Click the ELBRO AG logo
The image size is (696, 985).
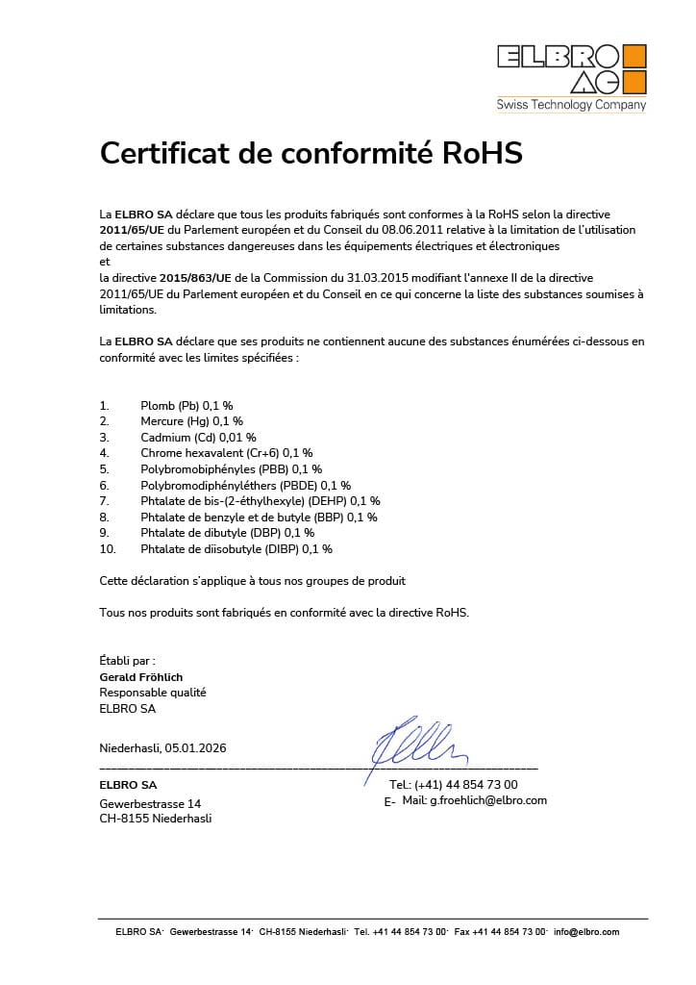coord(571,68)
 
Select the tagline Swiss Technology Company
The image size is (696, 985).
coord(571,105)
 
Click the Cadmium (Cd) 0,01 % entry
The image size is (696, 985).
coord(198,437)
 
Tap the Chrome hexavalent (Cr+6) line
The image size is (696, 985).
coord(226,452)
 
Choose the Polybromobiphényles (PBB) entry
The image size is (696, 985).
coord(231,468)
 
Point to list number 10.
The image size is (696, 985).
coord(108,549)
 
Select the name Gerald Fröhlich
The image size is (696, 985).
coord(141,677)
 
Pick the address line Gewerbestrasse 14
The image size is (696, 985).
coord(150,803)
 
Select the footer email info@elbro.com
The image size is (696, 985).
coord(586,932)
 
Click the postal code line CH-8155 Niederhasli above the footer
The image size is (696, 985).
coord(156,819)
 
